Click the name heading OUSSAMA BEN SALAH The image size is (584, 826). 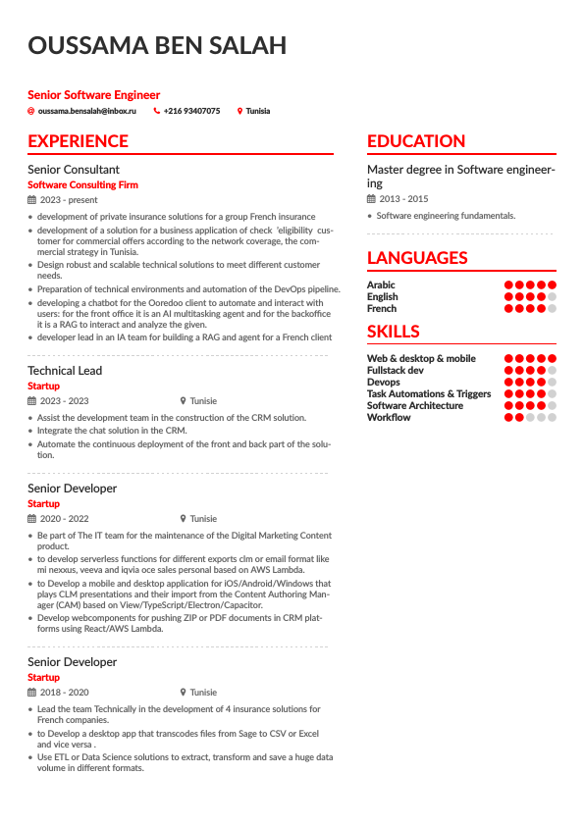coord(157,46)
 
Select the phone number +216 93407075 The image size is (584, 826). coord(191,112)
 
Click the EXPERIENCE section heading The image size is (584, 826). coord(78,141)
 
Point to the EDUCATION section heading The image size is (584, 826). coord(416,141)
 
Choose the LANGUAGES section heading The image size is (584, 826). coord(417,258)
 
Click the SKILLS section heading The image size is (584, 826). coord(393,332)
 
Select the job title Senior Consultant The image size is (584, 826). coord(74,170)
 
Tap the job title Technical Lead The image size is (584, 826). coord(65,371)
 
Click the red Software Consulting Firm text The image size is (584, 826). coord(82,184)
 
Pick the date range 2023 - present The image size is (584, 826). coord(69,200)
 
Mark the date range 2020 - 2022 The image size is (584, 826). coord(64,519)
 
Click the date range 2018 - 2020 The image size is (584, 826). coord(64,693)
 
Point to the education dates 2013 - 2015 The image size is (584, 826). coord(403,199)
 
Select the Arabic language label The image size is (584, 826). coord(381,285)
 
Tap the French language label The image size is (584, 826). coord(382,309)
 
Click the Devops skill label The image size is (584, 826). coord(383,383)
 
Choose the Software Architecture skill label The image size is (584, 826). coord(415,406)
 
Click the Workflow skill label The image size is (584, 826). coord(389,418)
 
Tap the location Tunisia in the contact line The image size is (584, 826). coord(258,112)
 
